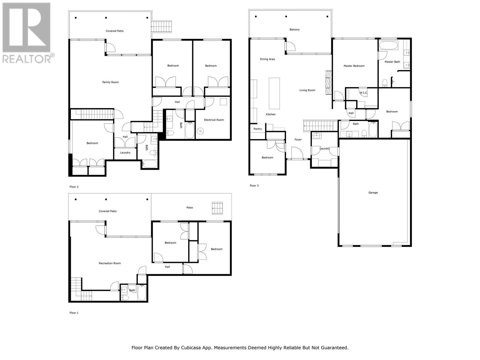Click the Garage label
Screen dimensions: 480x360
pyautogui.click(x=373, y=193)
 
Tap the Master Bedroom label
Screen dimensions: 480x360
pyautogui.click(x=354, y=66)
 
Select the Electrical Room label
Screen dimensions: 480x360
pyautogui.click(x=214, y=120)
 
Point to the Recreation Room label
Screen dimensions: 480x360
pyautogui.click(x=109, y=263)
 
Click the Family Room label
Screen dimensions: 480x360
pyautogui.click(x=110, y=82)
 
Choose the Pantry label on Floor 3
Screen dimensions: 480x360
pyautogui.click(x=257, y=129)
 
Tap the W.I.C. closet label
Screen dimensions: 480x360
pyautogui.click(x=363, y=93)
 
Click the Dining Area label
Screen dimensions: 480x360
pyautogui.click(x=267, y=59)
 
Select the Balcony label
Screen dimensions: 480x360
pyautogui.click(x=294, y=29)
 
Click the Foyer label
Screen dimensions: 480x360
pyautogui.click(x=298, y=139)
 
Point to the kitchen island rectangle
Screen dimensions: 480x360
pyautogui.click(x=274, y=93)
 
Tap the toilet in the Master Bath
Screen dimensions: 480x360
pyautogui.click(x=385, y=83)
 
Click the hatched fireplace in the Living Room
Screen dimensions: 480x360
pyautogui.click(x=328, y=82)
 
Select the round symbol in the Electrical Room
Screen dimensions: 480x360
pyautogui.click(x=200, y=131)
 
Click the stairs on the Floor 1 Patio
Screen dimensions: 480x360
pyautogui.click(x=217, y=208)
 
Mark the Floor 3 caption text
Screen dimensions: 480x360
pyautogui.click(x=254, y=186)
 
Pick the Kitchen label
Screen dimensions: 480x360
pyautogui.click(x=271, y=114)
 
